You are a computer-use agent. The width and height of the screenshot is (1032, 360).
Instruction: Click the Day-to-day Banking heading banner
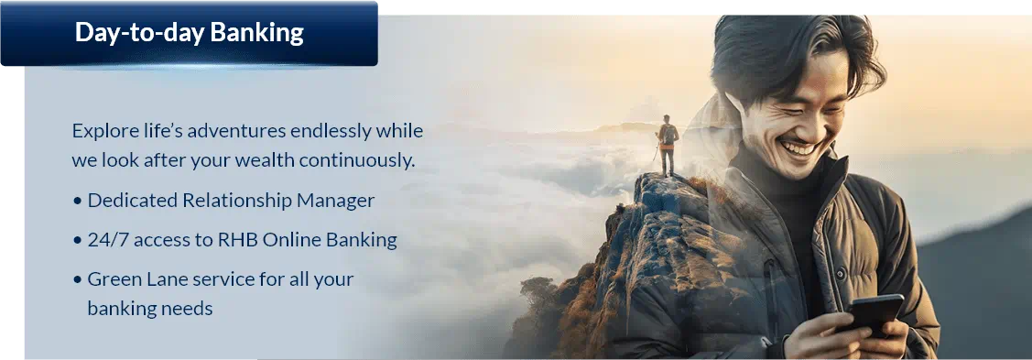[189, 34]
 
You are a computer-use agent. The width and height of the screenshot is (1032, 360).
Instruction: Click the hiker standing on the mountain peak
[667, 146]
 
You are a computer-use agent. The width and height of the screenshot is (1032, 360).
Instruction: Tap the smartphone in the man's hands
[873, 316]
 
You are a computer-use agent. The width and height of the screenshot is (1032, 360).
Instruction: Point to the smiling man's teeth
[799, 148]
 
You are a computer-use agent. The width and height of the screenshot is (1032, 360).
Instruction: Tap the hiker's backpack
[669, 135]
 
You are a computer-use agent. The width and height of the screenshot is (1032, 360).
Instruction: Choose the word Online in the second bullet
[287, 240]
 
